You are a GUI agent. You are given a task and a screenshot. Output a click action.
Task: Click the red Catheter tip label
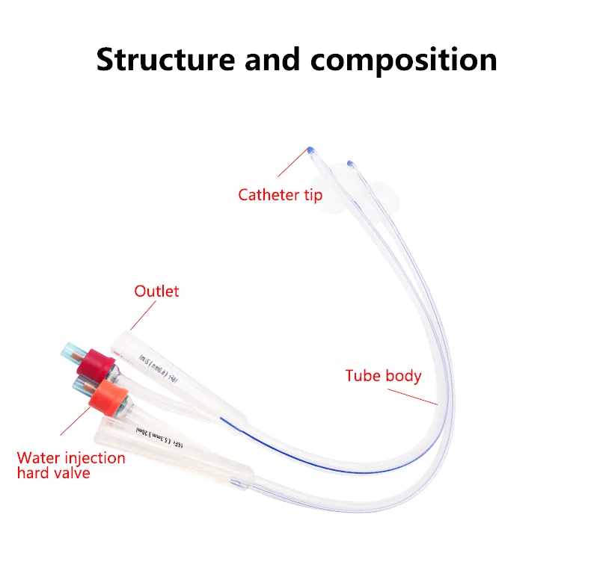pos(280,195)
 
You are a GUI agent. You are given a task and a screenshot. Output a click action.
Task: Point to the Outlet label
pos(156,291)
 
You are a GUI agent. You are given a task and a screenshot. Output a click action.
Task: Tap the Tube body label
pos(383,376)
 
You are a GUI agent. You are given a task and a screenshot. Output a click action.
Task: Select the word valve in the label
pos(71,472)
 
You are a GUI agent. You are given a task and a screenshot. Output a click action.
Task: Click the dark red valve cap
pos(94,361)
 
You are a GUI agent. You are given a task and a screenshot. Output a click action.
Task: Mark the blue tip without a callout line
pos(349,162)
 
